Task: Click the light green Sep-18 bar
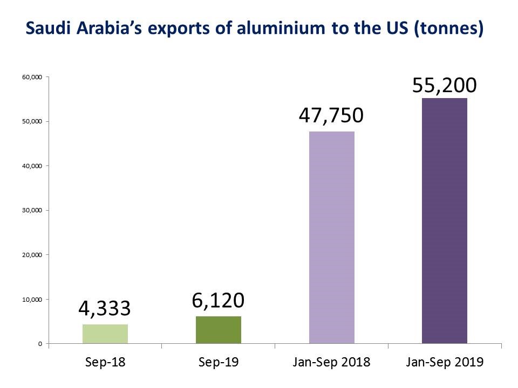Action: point(105,334)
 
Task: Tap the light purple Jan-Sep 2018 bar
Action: point(332,237)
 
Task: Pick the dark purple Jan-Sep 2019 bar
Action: point(445,221)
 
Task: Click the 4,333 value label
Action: point(105,309)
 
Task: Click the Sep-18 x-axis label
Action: point(105,362)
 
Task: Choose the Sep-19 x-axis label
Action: point(219,362)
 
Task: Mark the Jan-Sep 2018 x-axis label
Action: point(332,362)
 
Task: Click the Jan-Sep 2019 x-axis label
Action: point(445,362)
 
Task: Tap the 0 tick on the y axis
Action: point(40,343)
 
